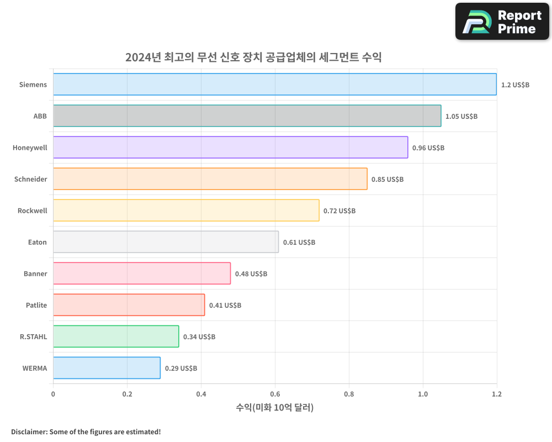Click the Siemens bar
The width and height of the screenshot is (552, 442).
tap(275, 85)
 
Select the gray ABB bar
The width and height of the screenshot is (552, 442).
tap(247, 116)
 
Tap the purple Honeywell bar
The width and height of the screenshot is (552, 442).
tap(230, 148)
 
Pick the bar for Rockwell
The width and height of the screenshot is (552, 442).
tap(186, 211)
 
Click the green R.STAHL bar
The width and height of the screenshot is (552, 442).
tap(116, 336)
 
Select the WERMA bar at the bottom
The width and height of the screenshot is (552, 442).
tap(107, 368)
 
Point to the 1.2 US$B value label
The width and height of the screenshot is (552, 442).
tap(515, 85)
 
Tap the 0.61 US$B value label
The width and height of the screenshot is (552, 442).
tap(299, 243)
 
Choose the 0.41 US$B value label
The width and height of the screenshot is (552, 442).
tap(225, 306)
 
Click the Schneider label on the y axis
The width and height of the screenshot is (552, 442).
tap(31, 180)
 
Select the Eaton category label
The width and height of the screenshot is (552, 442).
tap(38, 243)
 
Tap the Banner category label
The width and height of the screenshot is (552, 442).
tap(35, 274)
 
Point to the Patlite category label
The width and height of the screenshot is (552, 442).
tap(36, 306)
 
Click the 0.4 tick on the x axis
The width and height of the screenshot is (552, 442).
tap(201, 394)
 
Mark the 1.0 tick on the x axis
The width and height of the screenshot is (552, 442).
tap(423, 394)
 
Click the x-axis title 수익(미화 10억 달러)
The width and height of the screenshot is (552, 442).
tap(275, 408)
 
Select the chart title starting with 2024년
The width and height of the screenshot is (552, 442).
tap(253, 57)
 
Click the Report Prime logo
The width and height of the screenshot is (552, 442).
tap(502, 22)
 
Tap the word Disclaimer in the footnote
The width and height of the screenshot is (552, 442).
tap(28, 432)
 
